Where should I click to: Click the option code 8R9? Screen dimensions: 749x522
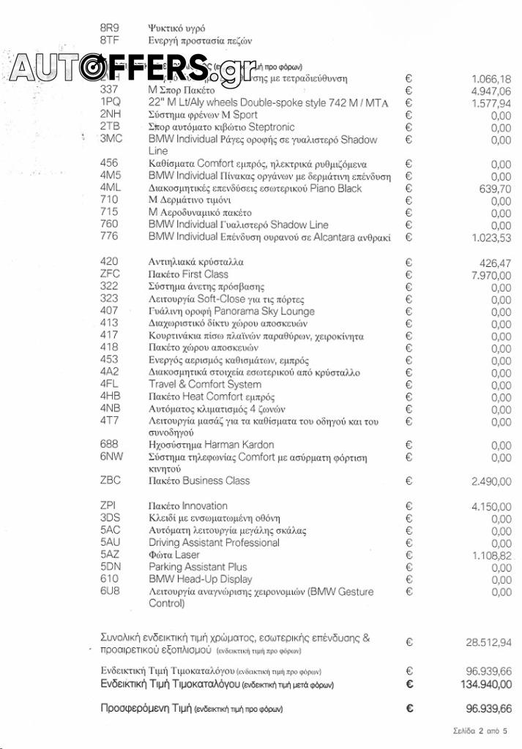coord(109,28)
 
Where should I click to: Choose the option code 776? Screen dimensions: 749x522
coord(108,236)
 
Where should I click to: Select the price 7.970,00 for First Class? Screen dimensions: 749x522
coord(491,274)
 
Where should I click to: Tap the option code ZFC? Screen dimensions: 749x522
coord(110,274)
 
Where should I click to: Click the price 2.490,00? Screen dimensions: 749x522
coord(491,481)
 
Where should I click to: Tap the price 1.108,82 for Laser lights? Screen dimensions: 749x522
coord(491,555)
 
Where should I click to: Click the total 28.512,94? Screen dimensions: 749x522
coord(488,643)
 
